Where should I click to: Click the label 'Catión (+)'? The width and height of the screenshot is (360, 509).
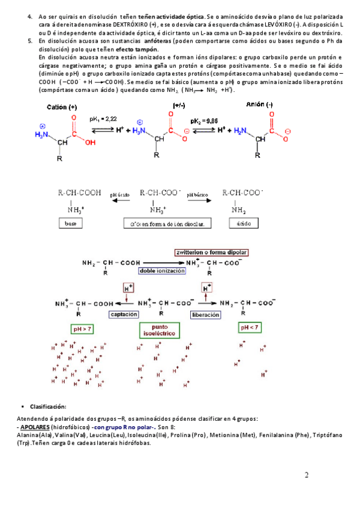click(x=62, y=106)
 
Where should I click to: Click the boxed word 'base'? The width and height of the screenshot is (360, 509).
click(x=71, y=223)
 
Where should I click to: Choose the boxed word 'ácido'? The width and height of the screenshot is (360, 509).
click(x=243, y=223)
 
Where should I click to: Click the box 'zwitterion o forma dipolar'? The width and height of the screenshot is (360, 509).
click(x=211, y=252)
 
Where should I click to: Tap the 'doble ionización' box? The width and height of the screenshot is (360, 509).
click(x=161, y=271)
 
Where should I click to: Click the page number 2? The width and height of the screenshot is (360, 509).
click(x=307, y=476)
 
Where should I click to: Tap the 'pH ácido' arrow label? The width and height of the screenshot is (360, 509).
click(x=119, y=194)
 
